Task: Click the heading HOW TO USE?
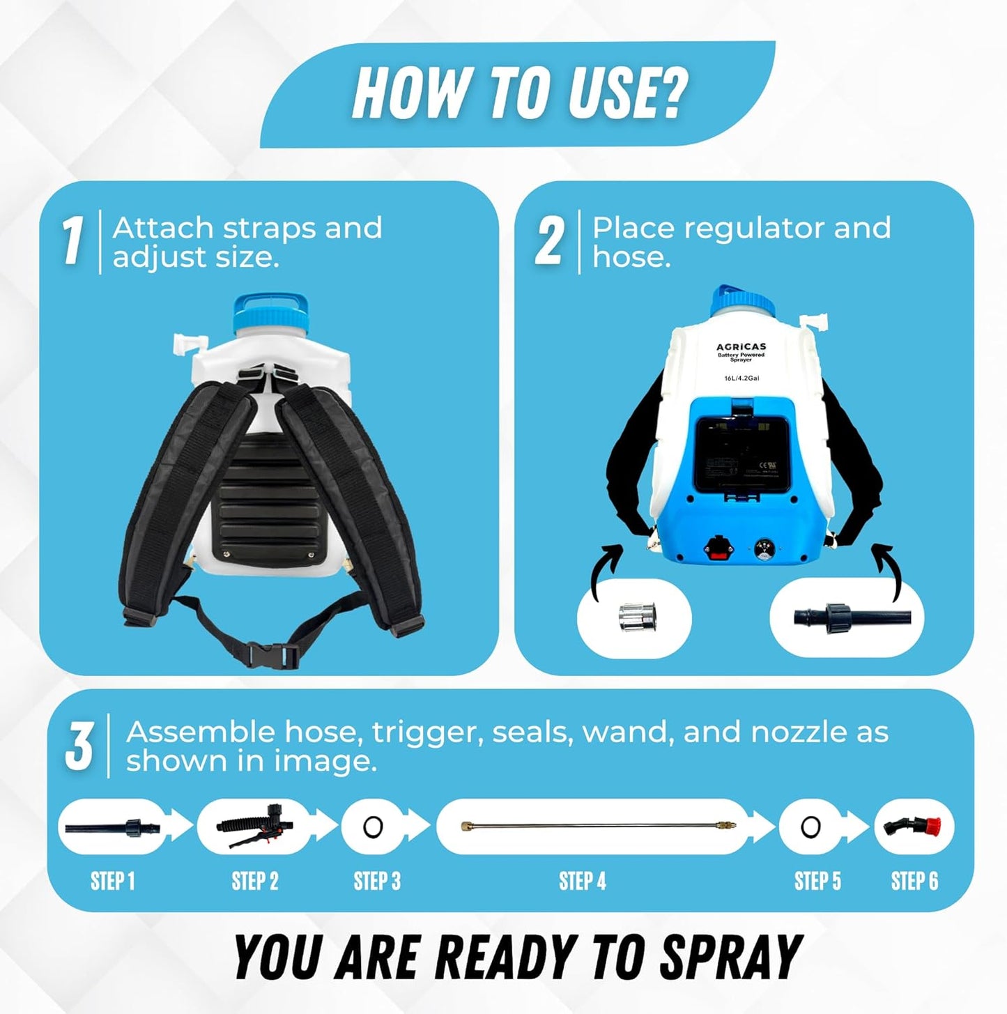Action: click(x=520, y=93)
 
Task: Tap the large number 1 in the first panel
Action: click(x=72, y=241)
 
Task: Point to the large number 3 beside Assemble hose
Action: click(x=79, y=746)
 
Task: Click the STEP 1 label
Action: click(x=112, y=882)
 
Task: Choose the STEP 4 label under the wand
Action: click(x=583, y=882)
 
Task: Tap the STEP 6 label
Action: click(x=914, y=882)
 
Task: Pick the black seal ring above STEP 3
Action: click(x=374, y=827)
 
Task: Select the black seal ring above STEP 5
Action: click(x=810, y=827)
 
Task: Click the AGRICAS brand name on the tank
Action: click(x=741, y=346)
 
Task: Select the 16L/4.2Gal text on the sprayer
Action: click(x=741, y=378)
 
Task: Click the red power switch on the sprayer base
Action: click(x=718, y=548)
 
